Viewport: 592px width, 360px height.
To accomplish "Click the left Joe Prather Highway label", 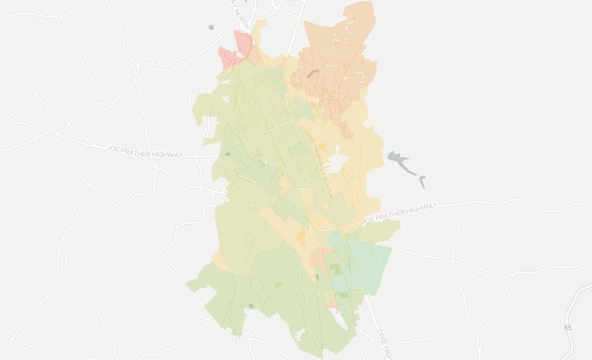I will [x=145, y=152].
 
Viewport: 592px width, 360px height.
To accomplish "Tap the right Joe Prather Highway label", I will [x=399, y=213].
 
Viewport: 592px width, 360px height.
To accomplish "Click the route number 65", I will [x=568, y=327].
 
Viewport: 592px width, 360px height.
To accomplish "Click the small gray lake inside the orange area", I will [x=311, y=75].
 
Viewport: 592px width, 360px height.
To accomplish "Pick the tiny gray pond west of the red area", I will [x=211, y=27].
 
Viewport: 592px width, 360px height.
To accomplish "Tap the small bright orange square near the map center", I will [x=301, y=238].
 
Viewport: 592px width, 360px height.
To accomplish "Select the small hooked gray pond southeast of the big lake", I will [x=423, y=181].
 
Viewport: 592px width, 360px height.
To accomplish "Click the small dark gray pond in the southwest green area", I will [x=250, y=306].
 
